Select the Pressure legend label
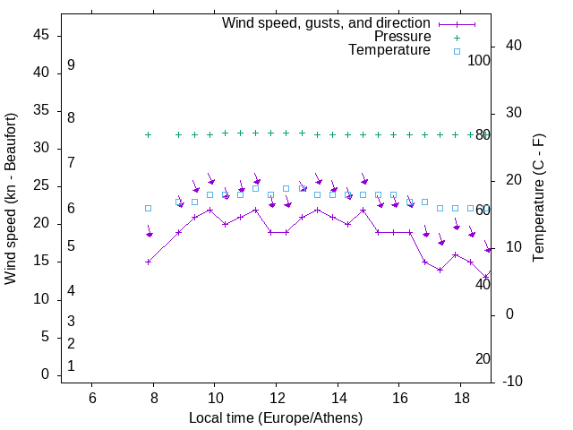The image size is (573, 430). click(402, 37)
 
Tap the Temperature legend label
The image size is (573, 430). click(389, 50)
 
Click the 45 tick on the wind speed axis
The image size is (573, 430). click(41, 35)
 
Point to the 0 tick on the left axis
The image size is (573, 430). click(46, 374)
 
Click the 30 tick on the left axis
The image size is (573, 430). click(41, 148)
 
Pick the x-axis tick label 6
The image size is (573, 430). click(92, 398)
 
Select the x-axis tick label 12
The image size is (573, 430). click(276, 398)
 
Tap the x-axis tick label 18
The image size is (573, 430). click(460, 398)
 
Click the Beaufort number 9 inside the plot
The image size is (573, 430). click(71, 65)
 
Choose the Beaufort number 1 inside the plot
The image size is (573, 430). click(71, 365)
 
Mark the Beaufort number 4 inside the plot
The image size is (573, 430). click(71, 290)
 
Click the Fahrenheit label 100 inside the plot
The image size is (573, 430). click(479, 60)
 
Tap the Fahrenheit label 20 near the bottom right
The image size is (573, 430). click(483, 358)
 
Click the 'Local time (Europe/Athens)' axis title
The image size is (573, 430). click(276, 417)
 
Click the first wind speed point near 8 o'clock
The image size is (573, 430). click(149, 262)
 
